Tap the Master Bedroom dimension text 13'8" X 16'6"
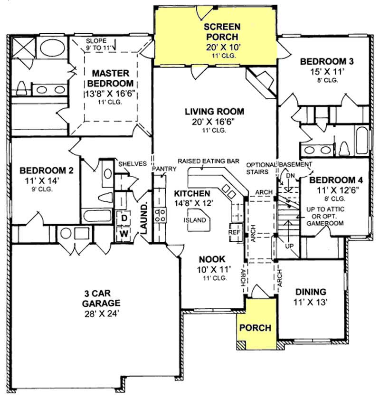pos(111,93)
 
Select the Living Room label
pos(214,112)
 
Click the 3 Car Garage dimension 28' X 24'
pos(100,314)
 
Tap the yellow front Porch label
pos(255,328)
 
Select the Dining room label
pos(311,292)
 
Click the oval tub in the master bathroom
pos(53,48)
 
